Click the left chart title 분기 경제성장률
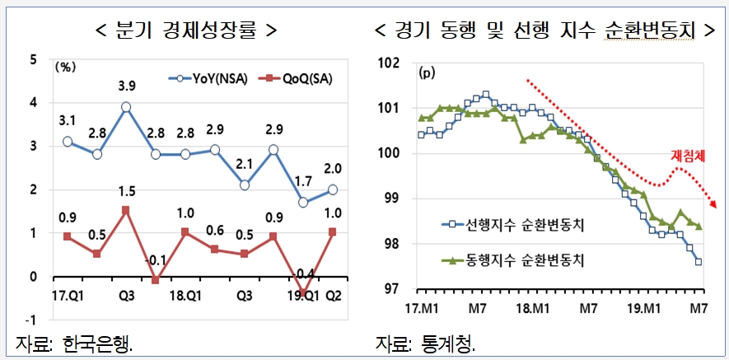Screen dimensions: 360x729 tap(185, 30)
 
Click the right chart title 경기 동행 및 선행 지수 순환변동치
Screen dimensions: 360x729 tap(544, 30)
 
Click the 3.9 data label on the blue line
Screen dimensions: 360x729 tap(126, 86)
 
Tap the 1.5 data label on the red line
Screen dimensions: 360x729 tap(126, 191)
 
